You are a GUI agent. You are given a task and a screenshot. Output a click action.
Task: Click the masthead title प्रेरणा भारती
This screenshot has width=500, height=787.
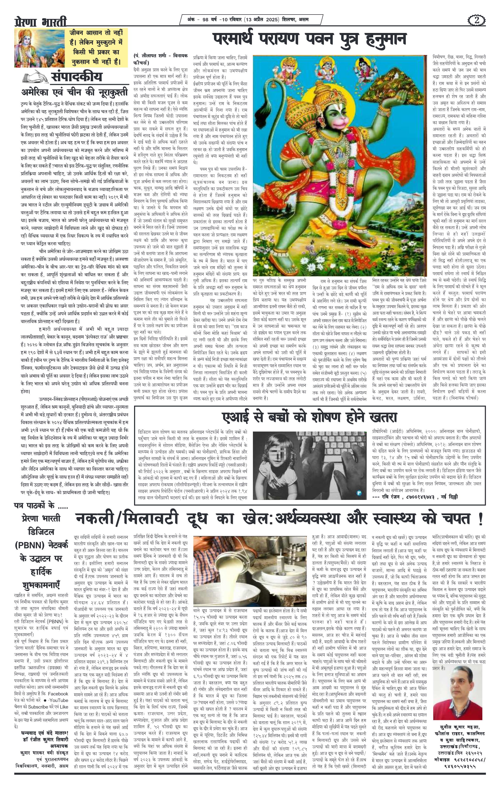(x=40, y=22)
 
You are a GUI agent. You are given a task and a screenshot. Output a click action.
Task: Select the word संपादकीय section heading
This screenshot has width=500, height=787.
(x=76, y=77)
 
